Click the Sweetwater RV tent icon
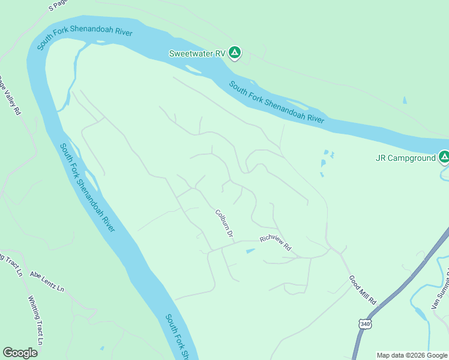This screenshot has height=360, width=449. pos(235,53)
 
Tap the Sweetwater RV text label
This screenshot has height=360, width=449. pos(197,53)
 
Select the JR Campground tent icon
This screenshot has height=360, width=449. pos(444,158)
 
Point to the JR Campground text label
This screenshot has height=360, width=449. pos(405,158)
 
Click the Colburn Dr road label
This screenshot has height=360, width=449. pos(224,223)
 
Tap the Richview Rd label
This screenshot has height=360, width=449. pos(276,242)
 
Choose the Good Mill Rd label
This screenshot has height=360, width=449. pos(363,290)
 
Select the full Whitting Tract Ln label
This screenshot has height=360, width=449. pos(36,320)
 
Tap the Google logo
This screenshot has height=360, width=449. pos(20,353)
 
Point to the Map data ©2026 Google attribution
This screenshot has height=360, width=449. pos(412,355)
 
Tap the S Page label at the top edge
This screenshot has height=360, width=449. pos(58,5)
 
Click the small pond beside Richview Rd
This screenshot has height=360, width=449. pos(250,251)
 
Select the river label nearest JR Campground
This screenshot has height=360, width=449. pos(277,103)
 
